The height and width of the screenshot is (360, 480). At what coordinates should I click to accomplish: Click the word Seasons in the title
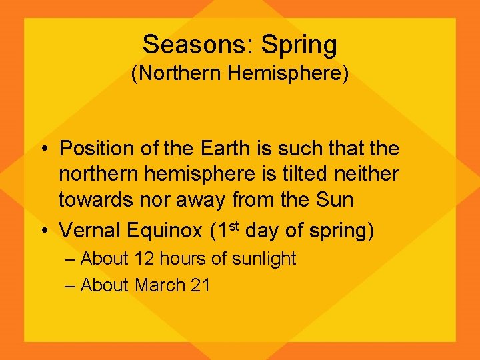pos(198,45)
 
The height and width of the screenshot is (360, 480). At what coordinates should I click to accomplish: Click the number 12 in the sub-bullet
pos(143,259)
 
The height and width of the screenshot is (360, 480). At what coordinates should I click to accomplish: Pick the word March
pos(160,285)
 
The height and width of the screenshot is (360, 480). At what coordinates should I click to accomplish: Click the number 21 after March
pos(200,285)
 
